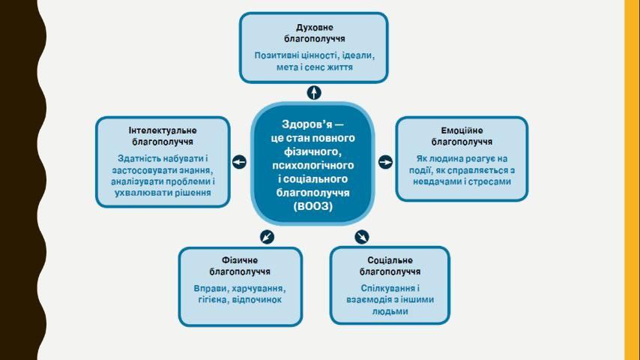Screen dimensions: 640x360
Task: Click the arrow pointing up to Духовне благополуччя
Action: (314, 93)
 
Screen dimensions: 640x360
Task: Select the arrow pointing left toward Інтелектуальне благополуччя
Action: (239, 162)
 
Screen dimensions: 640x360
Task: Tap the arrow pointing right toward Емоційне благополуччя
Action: (385, 162)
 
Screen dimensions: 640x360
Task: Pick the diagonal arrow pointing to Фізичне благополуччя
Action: (267, 236)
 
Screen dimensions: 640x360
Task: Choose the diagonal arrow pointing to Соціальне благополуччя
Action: (362, 236)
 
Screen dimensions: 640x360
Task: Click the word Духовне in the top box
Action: (314, 28)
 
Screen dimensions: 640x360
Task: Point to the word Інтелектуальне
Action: (163, 130)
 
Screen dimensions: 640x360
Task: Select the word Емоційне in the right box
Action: (462, 130)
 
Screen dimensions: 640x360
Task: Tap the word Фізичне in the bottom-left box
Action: (240, 260)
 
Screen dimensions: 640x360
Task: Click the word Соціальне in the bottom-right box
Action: (390, 260)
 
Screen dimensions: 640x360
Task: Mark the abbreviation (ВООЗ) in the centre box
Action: (313, 206)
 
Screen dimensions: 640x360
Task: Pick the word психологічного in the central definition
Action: (313, 166)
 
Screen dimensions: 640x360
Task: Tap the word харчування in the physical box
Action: (259, 289)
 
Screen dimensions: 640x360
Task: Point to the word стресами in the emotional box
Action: (489, 181)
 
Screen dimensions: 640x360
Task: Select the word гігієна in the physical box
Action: (213, 300)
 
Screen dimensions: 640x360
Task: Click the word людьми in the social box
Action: (390, 312)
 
